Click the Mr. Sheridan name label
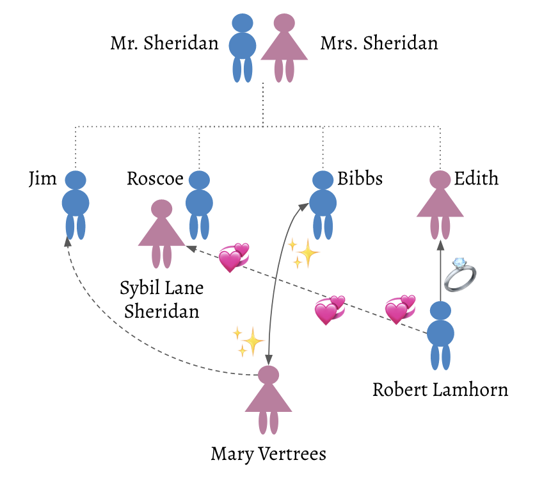coord(164,44)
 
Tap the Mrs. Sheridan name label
coord(379,44)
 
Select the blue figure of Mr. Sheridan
coord(243,48)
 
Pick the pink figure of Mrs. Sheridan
coord(284,48)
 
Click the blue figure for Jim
coord(76,205)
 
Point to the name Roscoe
coord(155,178)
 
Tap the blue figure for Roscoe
coord(199,205)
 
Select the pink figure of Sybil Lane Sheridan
coord(161,234)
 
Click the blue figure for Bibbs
coord(323,205)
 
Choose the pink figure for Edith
coord(440,205)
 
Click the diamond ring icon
coord(459,275)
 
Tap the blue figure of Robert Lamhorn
coord(440,336)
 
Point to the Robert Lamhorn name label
coord(440,389)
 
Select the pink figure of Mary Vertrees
coord(269,400)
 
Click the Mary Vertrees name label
coord(269,454)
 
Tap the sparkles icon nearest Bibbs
coord(303,254)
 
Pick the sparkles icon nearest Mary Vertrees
coord(248,341)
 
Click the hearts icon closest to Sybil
coord(234,258)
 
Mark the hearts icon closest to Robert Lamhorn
coord(400,309)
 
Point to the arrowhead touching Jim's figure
coord(68,241)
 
